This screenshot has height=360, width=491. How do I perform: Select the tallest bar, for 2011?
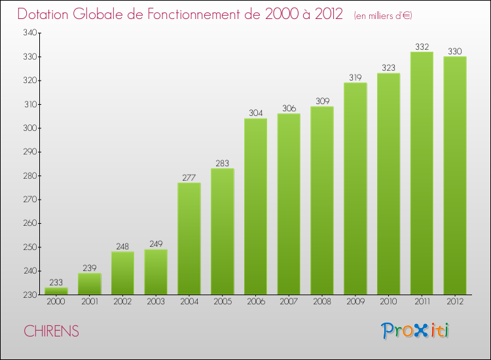(x=422, y=173)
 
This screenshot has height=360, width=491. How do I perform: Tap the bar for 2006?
(x=255, y=206)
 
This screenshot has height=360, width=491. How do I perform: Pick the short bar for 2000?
(x=56, y=291)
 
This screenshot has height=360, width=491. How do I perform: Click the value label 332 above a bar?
(x=422, y=46)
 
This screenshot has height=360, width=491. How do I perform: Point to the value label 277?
(x=189, y=177)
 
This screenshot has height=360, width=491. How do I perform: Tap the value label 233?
(x=56, y=282)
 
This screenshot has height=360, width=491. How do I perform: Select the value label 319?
(x=355, y=77)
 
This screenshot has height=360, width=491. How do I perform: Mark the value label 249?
(x=156, y=244)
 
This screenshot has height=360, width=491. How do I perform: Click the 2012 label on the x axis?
(x=454, y=302)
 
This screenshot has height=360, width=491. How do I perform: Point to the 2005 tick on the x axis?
(x=222, y=302)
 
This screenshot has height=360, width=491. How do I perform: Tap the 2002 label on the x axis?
(x=122, y=302)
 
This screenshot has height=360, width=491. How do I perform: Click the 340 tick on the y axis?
(x=31, y=33)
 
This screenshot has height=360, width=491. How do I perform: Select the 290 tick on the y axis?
(x=31, y=152)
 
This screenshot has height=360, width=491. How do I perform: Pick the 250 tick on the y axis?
(x=31, y=247)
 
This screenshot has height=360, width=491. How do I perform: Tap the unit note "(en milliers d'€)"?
(x=383, y=16)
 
